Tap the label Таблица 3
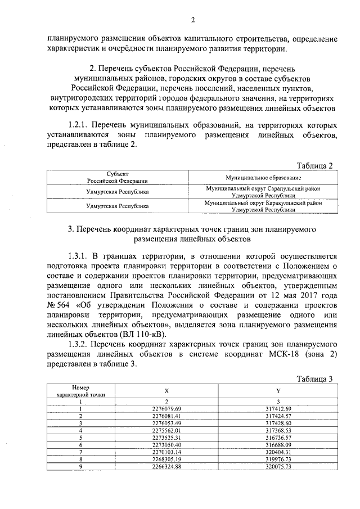pyautogui.click(x=315, y=379)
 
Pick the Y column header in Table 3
pyautogui.click(x=279, y=391)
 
